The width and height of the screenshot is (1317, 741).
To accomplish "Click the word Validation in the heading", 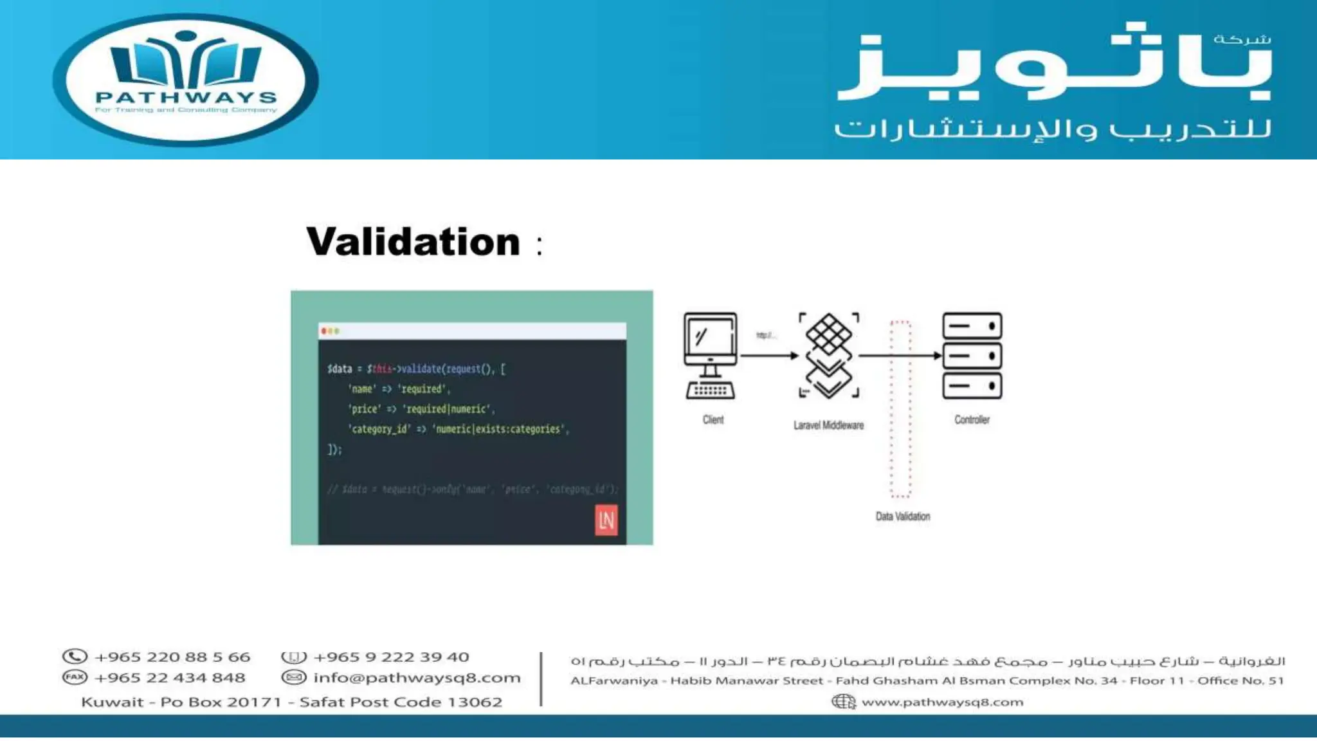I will (413, 242).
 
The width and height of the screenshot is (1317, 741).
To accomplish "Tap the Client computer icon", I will (711, 355).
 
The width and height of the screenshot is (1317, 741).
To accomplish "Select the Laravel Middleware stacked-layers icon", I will (829, 355).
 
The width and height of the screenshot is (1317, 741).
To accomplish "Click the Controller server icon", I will (972, 355).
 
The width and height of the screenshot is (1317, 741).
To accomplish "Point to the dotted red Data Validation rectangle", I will (900, 409).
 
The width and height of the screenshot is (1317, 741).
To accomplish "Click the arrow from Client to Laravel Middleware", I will (769, 355).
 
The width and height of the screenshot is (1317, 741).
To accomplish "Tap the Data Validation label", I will (902, 517).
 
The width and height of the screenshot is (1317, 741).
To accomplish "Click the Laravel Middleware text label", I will (828, 425).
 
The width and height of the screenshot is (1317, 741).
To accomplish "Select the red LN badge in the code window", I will (606, 520).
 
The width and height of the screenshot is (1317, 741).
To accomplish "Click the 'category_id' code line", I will (458, 429).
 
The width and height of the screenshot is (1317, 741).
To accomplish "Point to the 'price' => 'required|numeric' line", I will (421, 409).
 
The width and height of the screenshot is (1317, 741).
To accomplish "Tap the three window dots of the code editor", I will (330, 331).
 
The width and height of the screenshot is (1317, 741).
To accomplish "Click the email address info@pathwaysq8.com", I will (417, 678).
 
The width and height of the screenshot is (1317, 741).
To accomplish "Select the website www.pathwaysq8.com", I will (942, 702).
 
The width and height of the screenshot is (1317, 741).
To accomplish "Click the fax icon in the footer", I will (75, 677).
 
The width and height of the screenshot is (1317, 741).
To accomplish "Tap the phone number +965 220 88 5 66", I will (172, 657).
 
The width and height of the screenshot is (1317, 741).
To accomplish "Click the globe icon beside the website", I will (843, 702).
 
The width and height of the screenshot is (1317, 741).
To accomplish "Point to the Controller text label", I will (972, 420).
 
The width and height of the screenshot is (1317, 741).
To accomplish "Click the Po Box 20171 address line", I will (291, 702).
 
